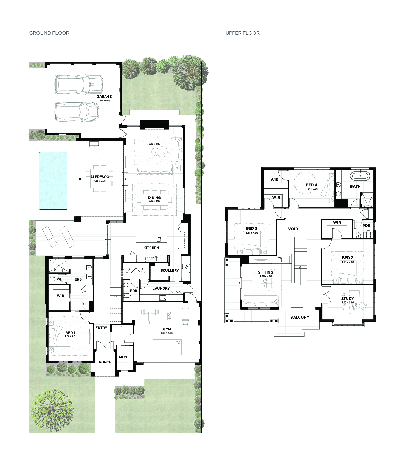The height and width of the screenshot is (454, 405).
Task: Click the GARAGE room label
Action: pyautogui.click(x=104, y=96)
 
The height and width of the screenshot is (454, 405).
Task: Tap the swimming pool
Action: pyautogui.click(x=53, y=181)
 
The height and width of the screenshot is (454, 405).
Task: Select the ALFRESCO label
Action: pyautogui.click(x=100, y=177)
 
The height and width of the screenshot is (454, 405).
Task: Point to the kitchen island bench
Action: pyautogui.click(x=151, y=236)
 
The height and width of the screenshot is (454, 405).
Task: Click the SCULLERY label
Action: pyautogui.click(x=170, y=270)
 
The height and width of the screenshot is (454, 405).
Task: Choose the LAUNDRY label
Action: pyautogui.click(x=161, y=288)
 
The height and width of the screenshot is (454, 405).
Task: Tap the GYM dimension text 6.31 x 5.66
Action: pyautogui.click(x=167, y=333)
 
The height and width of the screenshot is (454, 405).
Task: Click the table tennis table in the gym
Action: pyautogui.click(x=167, y=347)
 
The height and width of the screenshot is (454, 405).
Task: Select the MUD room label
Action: pyautogui.click(x=123, y=357)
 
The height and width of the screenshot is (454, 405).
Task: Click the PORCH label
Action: pyautogui.click(x=105, y=362)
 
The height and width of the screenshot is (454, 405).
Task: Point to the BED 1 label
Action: pyautogui.click(x=71, y=333)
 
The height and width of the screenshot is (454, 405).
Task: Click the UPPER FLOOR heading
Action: pyautogui.click(x=243, y=33)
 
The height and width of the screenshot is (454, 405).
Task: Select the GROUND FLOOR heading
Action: pyautogui.click(x=49, y=33)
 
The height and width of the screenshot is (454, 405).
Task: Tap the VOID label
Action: pyautogui.click(x=293, y=229)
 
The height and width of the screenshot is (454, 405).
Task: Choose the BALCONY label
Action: pyautogui.click(x=300, y=317)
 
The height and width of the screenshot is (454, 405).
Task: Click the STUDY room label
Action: pyautogui.click(x=348, y=299)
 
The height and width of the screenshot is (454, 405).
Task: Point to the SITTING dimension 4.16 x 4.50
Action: pyautogui.click(x=266, y=276)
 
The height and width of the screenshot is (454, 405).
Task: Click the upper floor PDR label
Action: pyautogui.click(x=366, y=226)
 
